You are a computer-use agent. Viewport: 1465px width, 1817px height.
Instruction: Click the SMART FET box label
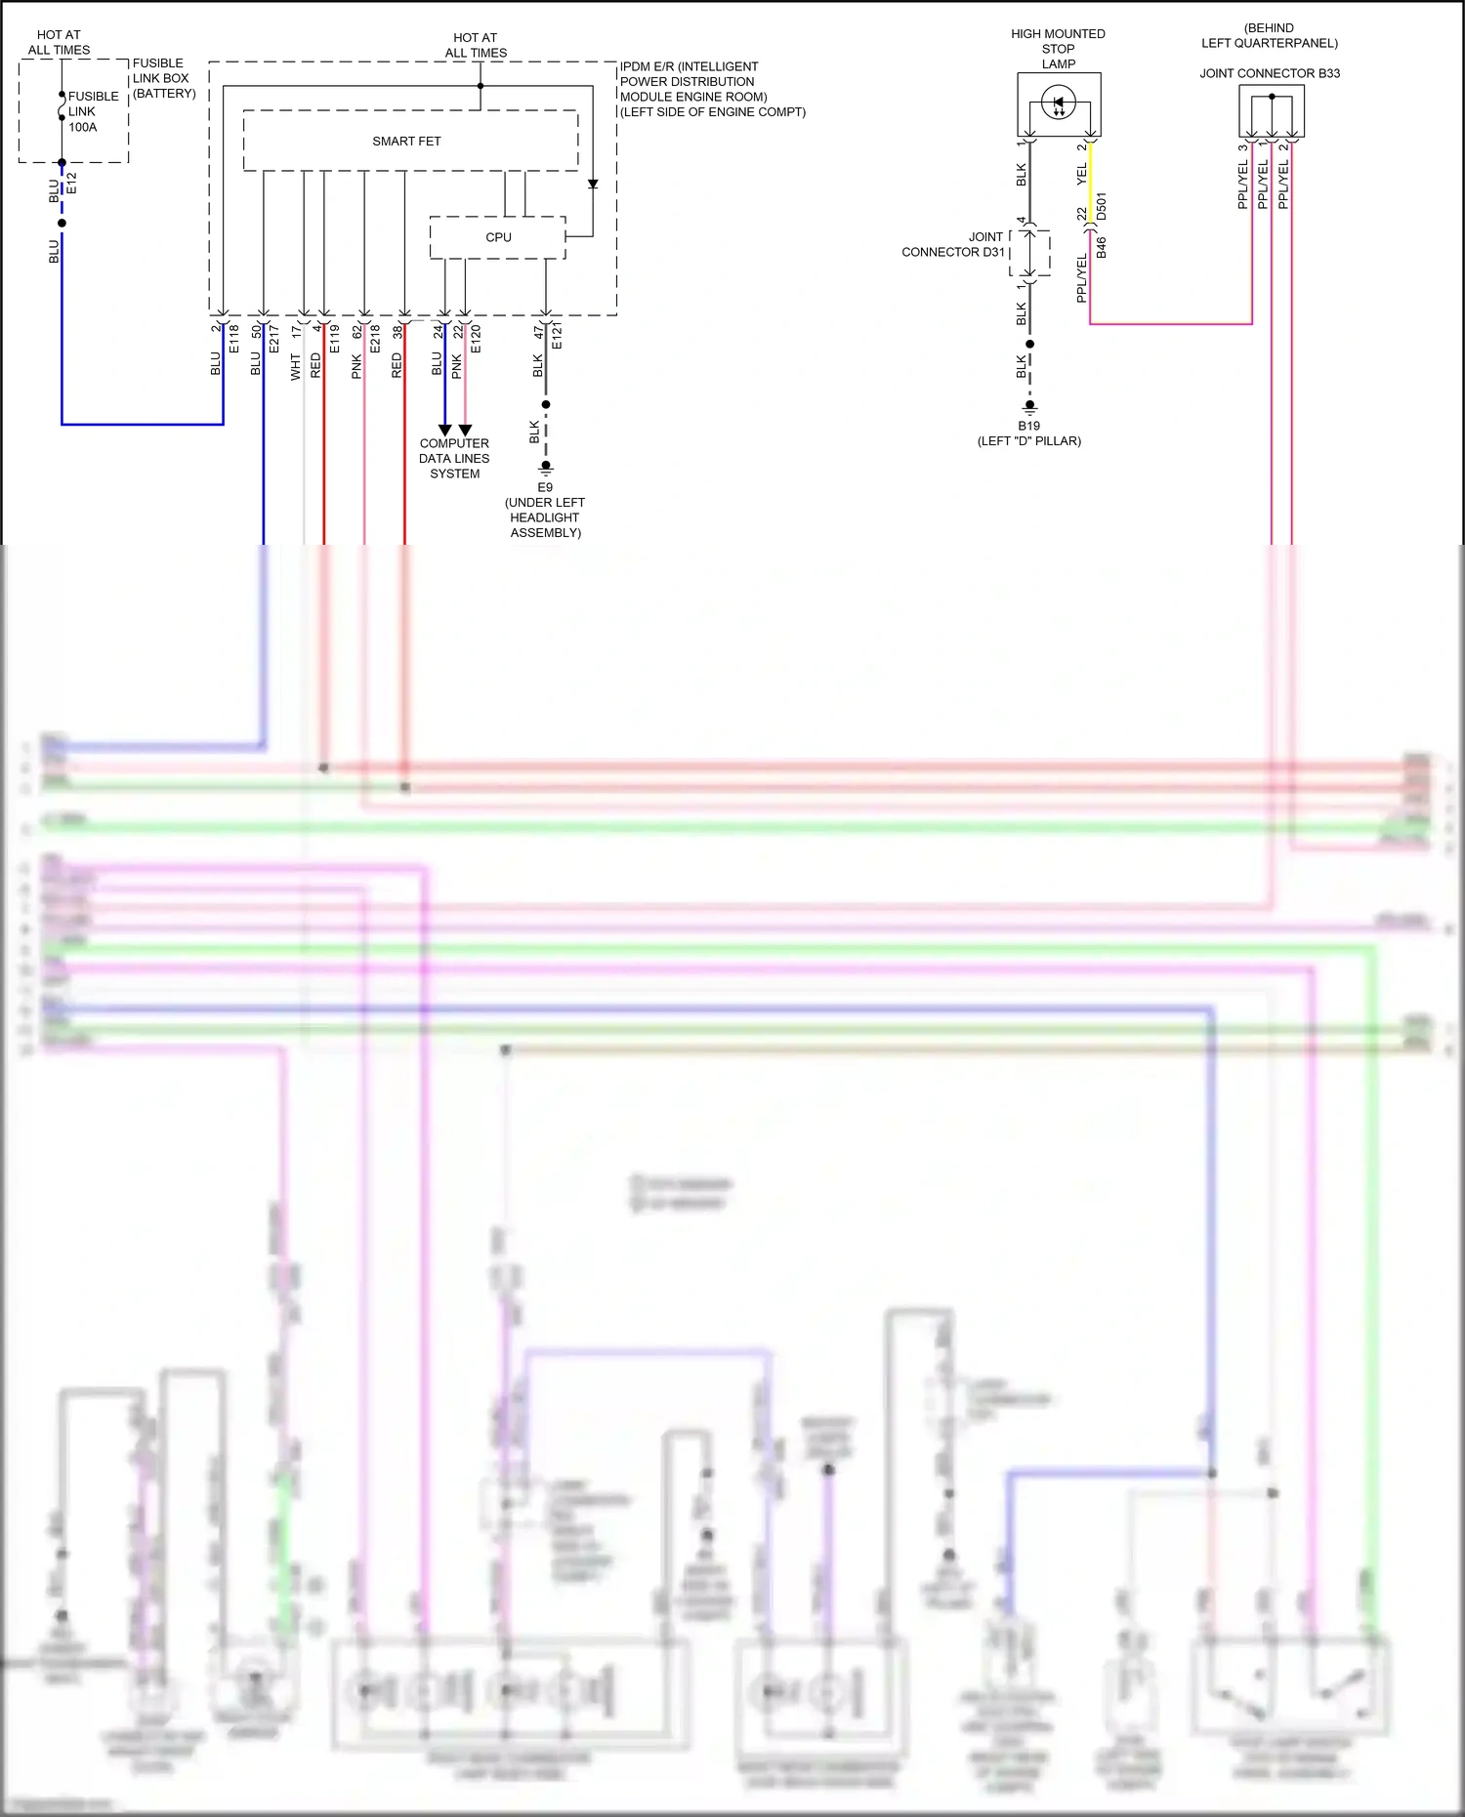pos(406,142)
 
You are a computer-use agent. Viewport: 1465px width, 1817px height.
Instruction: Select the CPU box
pos(497,237)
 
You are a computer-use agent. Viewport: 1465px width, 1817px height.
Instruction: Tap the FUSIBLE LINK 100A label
pos(93,111)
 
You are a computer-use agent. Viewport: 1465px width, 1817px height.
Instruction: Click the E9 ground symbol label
pos(545,487)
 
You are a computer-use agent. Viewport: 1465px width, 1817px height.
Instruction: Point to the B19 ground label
pos(1028,426)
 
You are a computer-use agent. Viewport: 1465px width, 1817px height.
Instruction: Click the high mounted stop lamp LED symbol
pos(1058,103)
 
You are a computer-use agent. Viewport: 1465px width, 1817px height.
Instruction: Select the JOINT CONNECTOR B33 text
pos(1269,73)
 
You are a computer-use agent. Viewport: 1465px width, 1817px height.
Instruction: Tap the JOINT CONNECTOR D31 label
pos(953,244)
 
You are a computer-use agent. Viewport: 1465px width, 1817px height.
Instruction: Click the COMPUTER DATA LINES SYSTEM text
pos(454,458)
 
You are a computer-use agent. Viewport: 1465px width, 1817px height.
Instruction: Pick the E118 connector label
pos(233,338)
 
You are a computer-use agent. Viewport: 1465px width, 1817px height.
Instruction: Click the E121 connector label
pos(557,337)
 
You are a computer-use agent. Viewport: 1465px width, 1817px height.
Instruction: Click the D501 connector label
pos(1102,207)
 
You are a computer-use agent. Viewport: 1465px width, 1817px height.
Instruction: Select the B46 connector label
pos(1102,247)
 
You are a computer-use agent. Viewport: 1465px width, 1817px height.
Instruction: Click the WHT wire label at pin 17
pos(296,367)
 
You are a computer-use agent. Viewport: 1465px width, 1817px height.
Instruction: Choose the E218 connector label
pos(375,338)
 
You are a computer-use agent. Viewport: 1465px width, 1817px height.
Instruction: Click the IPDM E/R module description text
pos(712,89)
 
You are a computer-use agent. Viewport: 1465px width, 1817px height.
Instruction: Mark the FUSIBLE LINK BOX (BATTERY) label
pos(163,78)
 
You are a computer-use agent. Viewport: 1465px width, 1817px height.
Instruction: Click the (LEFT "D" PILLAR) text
pos(1028,441)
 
